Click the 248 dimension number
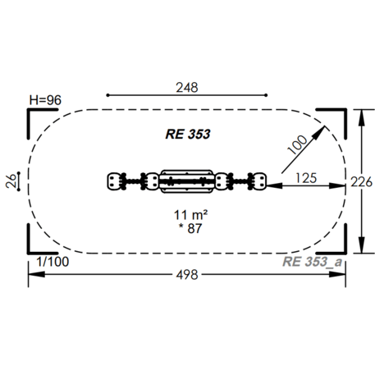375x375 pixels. click(x=187, y=88)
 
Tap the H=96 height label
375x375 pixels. click(x=45, y=100)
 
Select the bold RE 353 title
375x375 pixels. click(x=188, y=134)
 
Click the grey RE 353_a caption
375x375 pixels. click(x=312, y=262)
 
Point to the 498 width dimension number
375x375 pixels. click(x=187, y=275)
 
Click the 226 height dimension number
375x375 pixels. click(x=362, y=182)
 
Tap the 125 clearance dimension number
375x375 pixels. click(x=306, y=178)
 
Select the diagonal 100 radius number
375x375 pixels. click(x=297, y=144)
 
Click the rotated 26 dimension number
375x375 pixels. click(x=11, y=181)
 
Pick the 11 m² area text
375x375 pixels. click(x=190, y=215)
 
